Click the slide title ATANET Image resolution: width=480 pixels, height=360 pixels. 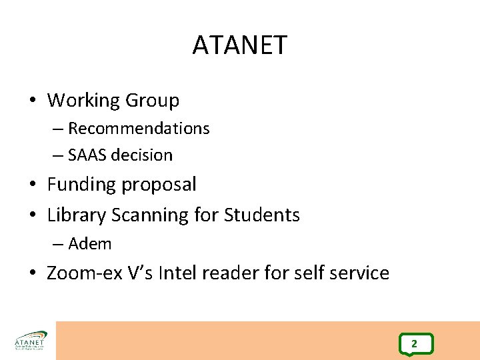[x=239, y=45]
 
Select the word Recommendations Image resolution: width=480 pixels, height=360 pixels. [x=139, y=128]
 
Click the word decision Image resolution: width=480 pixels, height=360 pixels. [x=142, y=155]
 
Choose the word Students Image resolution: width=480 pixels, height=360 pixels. [x=262, y=215]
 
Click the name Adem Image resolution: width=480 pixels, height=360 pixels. [x=90, y=244]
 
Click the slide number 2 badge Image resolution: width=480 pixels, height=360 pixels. [x=414, y=344]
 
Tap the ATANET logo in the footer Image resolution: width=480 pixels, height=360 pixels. [x=30, y=341]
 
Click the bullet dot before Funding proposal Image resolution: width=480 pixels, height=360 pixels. [x=33, y=185]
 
